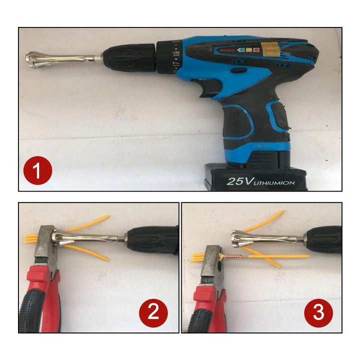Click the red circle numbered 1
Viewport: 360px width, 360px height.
[37, 170]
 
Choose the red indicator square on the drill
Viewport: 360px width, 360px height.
[256, 50]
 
